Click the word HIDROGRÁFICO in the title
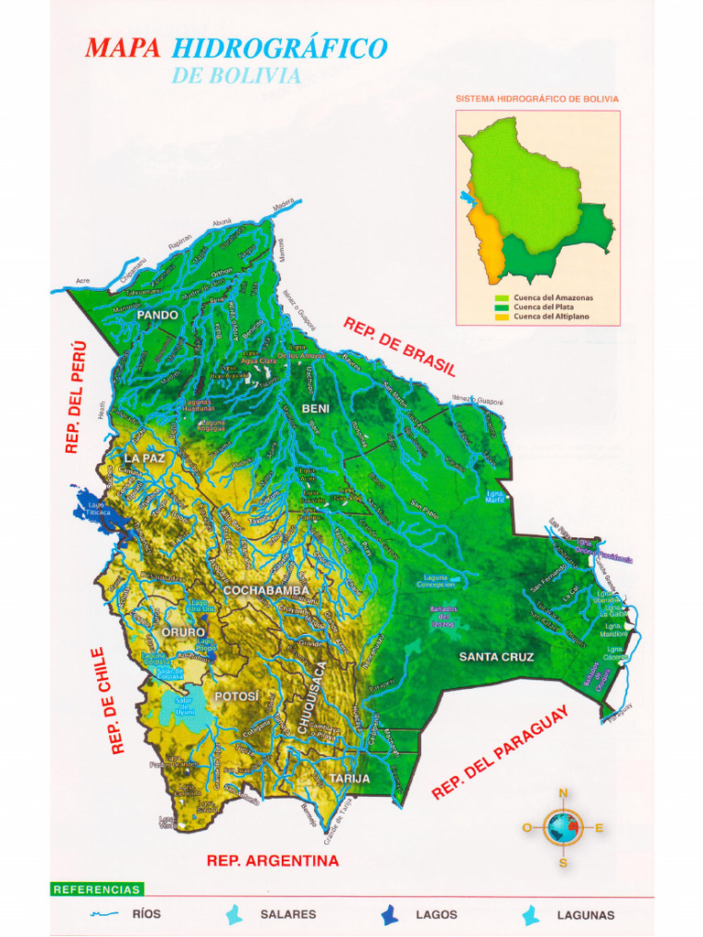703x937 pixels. (x=279, y=48)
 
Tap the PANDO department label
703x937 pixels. (x=157, y=315)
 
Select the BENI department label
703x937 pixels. (x=316, y=407)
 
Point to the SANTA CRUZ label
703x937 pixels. (x=496, y=657)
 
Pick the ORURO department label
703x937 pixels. (x=184, y=632)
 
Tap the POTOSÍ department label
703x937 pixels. (x=237, y=696)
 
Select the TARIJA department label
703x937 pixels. (x=350, y=779)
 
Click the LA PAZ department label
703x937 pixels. (x=146, y=458)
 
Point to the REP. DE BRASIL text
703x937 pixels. (x=399, y=346)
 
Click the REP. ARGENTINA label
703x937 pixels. (x=273, y=861)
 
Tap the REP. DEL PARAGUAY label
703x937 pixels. (x=500, y=752)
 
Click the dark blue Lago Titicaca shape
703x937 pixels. (x=94, y=508)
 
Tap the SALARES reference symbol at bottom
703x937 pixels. (x=236, y=914)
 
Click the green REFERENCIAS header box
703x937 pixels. (x=97, y=889)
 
